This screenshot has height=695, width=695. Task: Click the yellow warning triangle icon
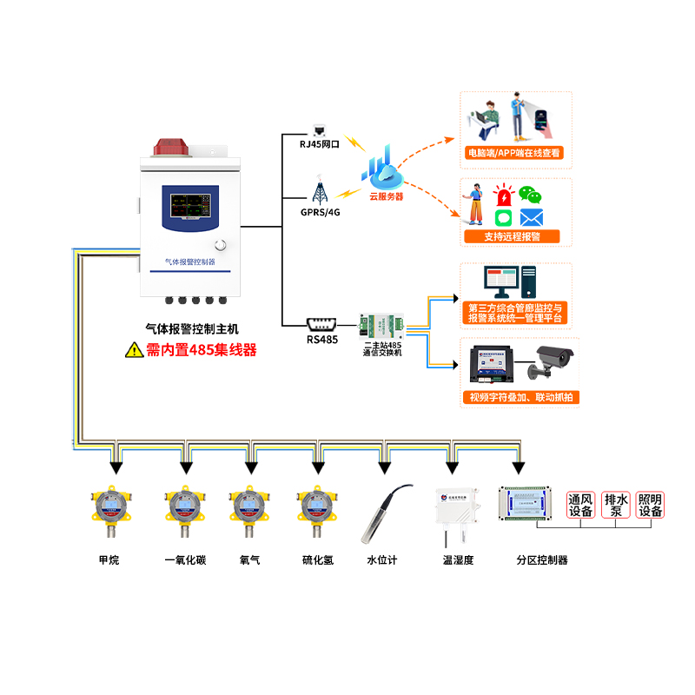(x=133, y=350)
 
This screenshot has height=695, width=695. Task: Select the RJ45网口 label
(x=319, y=145)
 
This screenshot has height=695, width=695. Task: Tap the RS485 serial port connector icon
(x=321, y=324)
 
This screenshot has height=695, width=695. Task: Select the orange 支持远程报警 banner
(x=511, y=236)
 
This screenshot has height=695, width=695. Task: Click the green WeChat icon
(x=529, y=194)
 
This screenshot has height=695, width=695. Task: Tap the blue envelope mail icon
(x=532, y=217)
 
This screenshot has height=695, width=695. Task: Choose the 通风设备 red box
(x=580, y=505)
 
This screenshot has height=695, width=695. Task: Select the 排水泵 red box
(x=616, y=505)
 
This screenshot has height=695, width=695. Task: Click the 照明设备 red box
(x=650, y=505)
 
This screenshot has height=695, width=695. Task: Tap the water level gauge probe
(x=383, y=513)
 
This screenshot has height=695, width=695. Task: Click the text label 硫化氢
(x=317, y=560)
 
